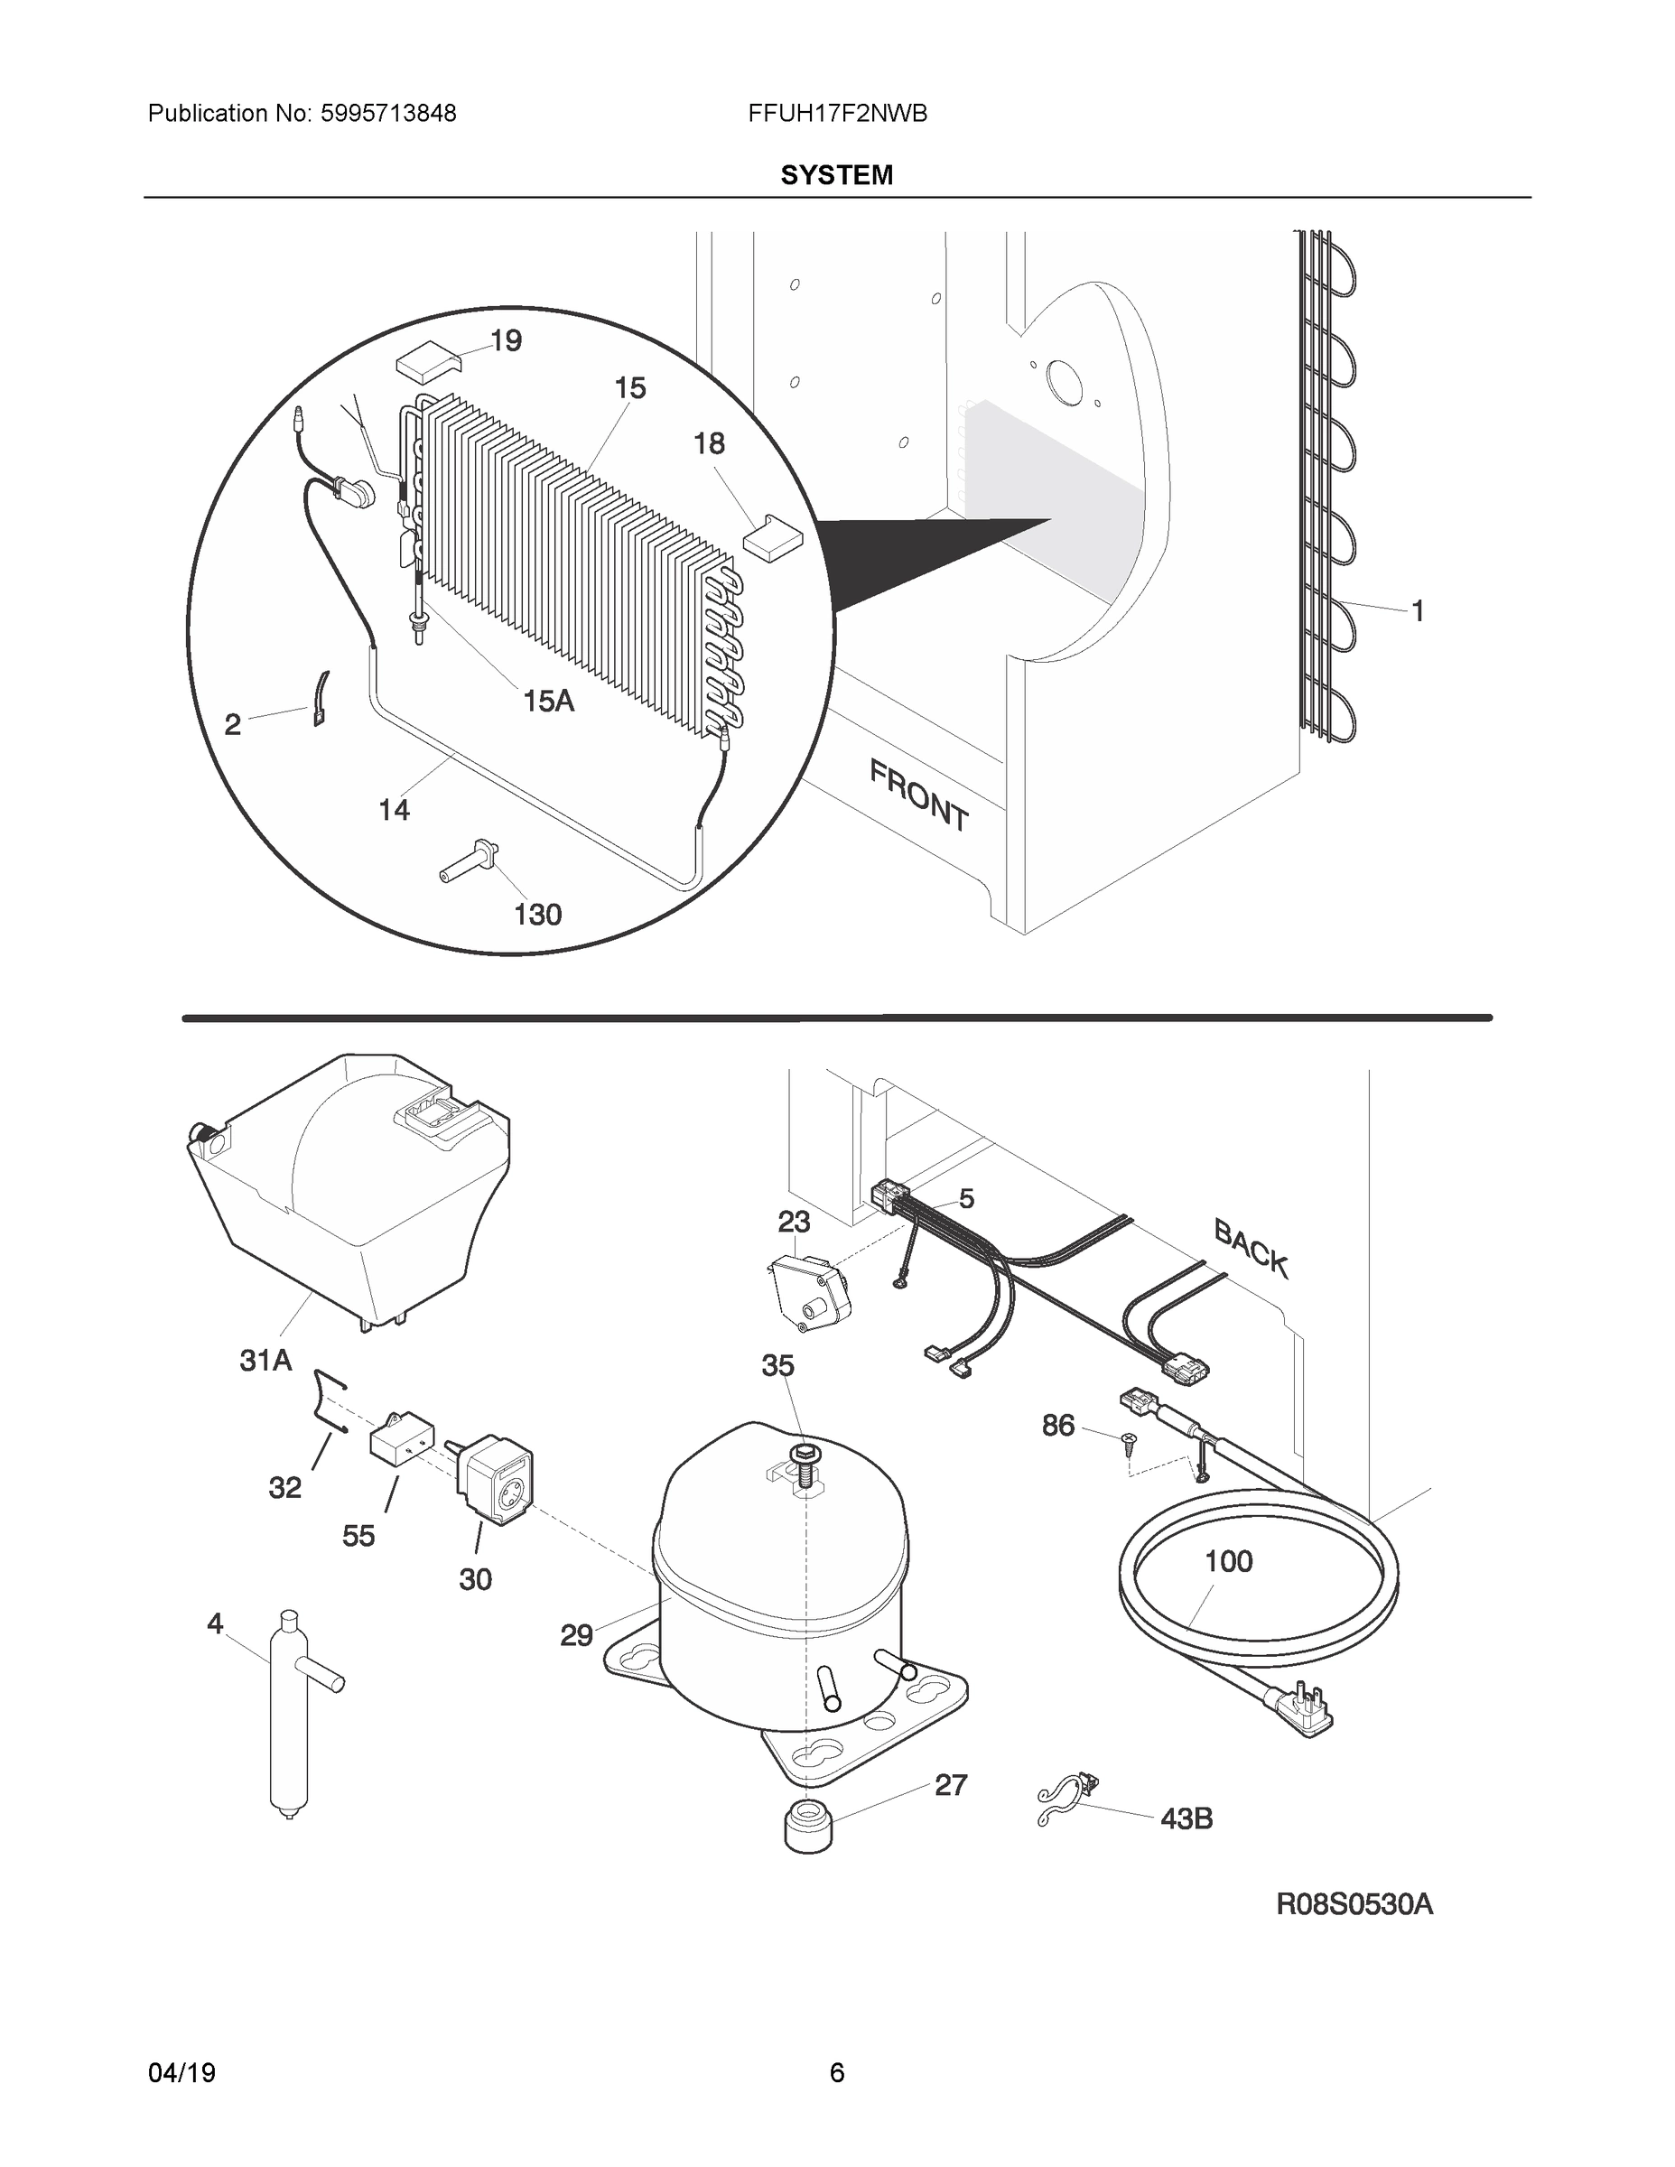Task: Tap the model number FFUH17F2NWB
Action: point(838,114)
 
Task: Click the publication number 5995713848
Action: point(387,114)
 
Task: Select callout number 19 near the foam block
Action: point(506,340)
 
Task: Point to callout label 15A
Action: point(548,701)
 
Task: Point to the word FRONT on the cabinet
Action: point(919,795)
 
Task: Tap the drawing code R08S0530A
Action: point(1354,1904)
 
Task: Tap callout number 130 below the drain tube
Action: point(538,914)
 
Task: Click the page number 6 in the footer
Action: point(836,2072)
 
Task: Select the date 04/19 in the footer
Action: point(181,2072)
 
